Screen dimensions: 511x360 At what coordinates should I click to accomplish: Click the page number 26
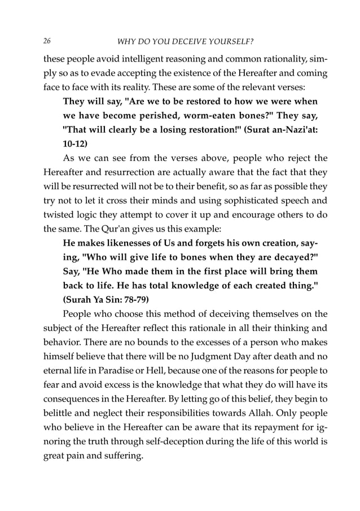[x=46, y=41]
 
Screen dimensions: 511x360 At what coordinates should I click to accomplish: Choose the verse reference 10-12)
[x=78, y=144]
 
